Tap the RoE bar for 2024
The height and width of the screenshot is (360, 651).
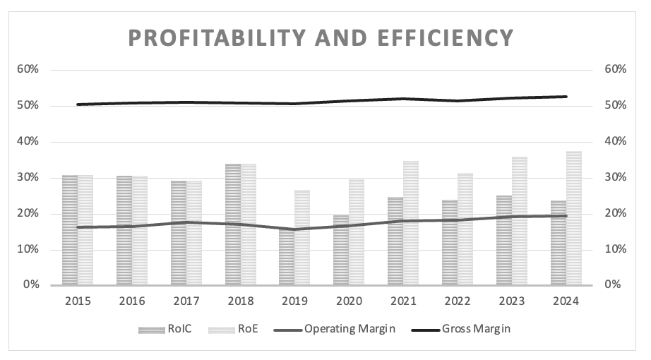coord(574,218)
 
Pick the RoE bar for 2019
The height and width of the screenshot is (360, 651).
coord(302,237)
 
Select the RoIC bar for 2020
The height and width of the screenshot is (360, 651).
coord(341,250)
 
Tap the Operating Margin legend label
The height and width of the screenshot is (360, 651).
coord(349,329)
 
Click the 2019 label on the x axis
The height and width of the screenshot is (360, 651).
coord(295,301)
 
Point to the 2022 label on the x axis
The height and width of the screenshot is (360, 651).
coord(458,301)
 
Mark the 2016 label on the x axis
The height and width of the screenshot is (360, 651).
coord(132,301)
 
